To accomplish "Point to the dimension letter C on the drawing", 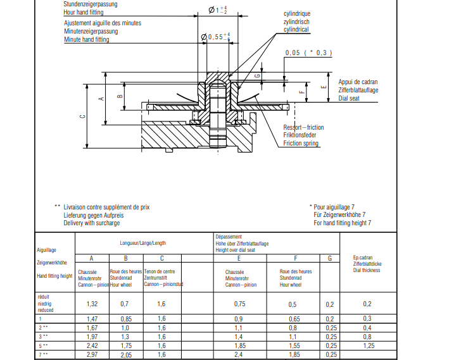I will (x=82, y=117).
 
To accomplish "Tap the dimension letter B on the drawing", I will (x=120, y=96).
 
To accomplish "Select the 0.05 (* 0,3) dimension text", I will (x=308, y=53).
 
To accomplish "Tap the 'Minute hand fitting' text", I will (x=86, y=39).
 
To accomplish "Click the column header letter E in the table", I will (x=239, y=258).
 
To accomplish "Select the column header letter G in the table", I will (x=329, y=258).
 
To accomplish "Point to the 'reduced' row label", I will (x=47, y=311).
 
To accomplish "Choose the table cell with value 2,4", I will (x=239, y=354).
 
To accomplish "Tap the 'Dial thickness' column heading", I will (x=367, y=270).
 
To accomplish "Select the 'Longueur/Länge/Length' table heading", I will (x=143, y=243).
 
